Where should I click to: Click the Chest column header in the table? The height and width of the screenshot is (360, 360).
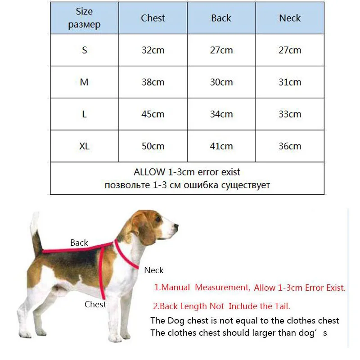pos(153,18)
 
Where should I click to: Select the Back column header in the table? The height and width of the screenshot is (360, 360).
pos(221,18)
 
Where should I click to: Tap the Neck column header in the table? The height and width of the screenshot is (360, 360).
pos(290,18)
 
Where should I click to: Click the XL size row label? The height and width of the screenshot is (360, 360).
pos(84,146)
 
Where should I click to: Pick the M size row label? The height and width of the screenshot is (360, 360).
pos(84,82)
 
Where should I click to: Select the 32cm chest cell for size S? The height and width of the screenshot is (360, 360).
pos(153,50)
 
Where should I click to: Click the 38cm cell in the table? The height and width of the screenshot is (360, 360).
pos(153,82)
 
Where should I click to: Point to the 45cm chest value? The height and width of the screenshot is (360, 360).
pos(153,114)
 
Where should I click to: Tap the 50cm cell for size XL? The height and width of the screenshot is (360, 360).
pos(153,146)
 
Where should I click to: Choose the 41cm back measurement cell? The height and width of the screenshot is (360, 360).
pos(221,146)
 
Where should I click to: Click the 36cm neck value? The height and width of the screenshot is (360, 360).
pos(290,146)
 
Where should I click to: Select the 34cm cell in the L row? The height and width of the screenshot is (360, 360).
pos(221,114)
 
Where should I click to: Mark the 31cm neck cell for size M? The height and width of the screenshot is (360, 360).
pos(290,82)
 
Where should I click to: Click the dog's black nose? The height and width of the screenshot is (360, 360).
pos(175,226)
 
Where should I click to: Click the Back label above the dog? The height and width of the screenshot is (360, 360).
pos(79,243)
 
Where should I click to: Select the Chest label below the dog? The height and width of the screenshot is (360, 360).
pos(95,305)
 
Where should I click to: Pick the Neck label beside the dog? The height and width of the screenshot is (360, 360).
pos(153,270)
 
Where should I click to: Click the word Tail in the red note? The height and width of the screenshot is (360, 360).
pos(281,306)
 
